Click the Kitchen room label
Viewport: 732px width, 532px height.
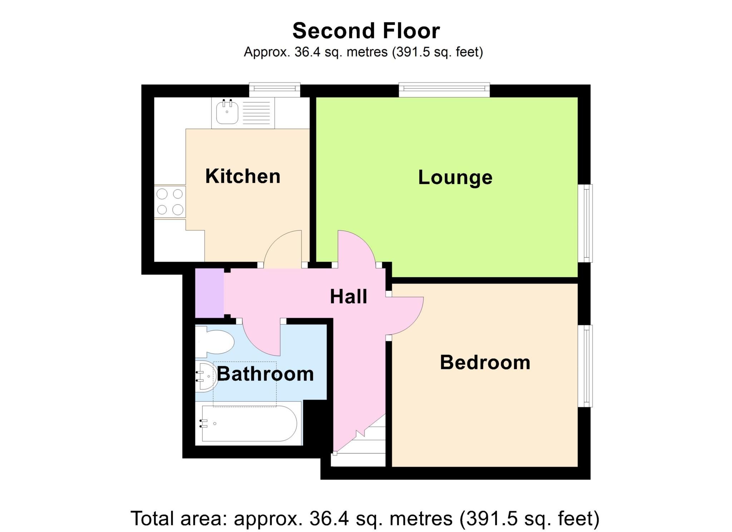pos(243,176)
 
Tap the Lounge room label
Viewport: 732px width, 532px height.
pos(455,178)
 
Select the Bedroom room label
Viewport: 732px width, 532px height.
pos(485,362)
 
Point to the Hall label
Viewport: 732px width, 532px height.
pos(348,297)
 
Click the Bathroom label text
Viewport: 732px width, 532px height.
pos(265,374)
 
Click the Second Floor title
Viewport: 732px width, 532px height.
pos(366,31)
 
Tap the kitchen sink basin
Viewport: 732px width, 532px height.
pos(227,111)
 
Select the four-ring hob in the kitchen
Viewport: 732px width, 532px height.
pos(170,202)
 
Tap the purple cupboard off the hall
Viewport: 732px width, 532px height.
pos(209,293)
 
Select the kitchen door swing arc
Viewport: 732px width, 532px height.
pos(282,248)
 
